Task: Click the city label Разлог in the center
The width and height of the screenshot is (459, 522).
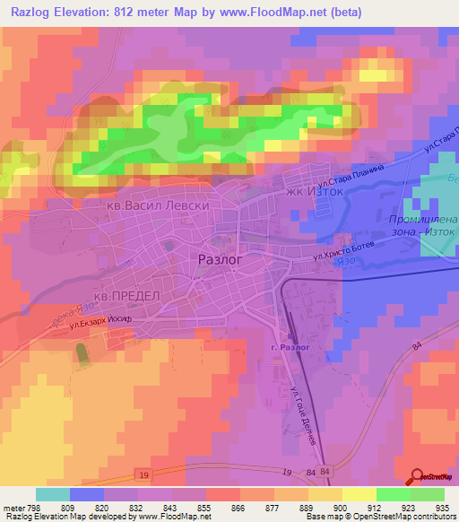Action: coord(218,258)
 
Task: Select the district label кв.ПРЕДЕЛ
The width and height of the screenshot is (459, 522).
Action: coord(126,296)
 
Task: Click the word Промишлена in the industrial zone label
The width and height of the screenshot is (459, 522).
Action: coord(424,220)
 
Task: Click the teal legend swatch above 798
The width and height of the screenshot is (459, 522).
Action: coord(52,494)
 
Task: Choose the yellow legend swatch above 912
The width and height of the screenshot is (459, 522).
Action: coord(359,494)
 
